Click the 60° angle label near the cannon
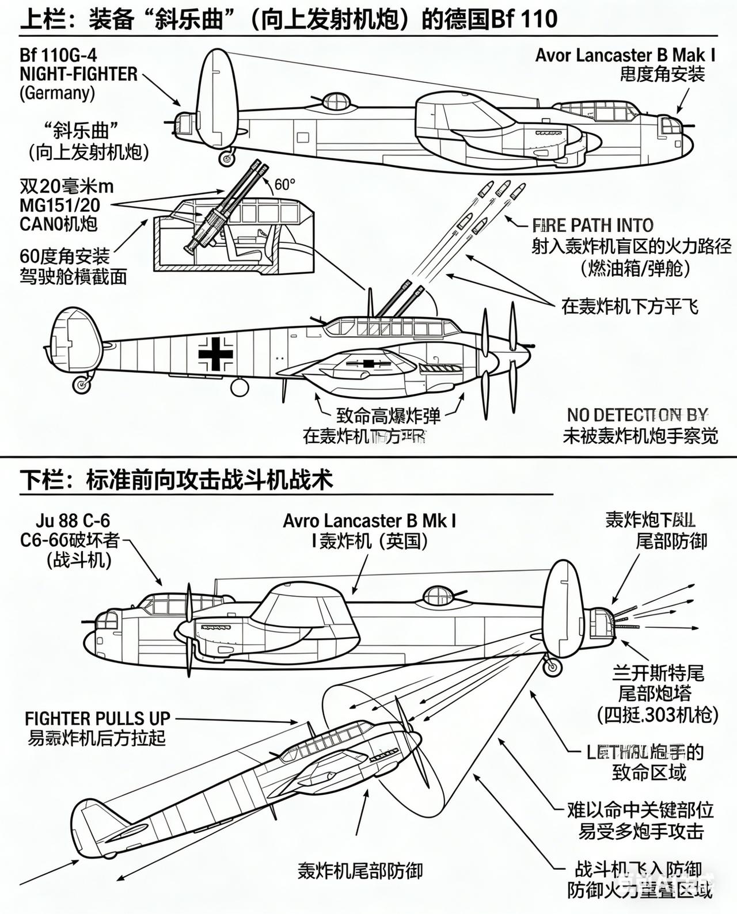(x=284, y=185)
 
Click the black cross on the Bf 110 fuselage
(x=216, y=353)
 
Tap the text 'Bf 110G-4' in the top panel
(x=58, y=55)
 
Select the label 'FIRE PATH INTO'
(x=592, y=225)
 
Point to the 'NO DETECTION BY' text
(x=637, y=415)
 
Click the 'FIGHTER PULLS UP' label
(x=97, y=718)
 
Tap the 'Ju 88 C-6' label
(x=73, y=521)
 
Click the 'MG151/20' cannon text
(x=60, y=205)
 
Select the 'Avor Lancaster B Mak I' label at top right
(x=625, y=55)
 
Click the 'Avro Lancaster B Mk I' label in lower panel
(x=370, y=521)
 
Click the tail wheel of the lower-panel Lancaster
(x=552, y=667)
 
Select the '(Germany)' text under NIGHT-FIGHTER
(x=57, y=93)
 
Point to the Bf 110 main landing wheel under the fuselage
(x=240, y=387)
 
